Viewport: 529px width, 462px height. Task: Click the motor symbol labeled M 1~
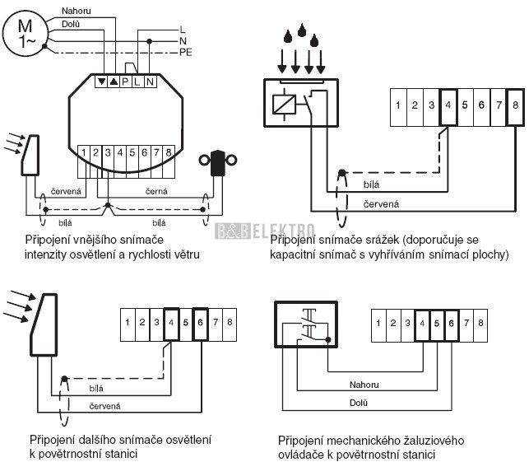25,33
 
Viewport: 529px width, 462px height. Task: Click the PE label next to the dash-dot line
186,53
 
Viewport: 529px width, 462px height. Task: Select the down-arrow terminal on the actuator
101,82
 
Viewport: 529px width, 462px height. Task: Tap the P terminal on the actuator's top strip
125,82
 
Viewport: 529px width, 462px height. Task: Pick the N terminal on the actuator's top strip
151,82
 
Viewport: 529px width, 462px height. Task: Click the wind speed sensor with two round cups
218,163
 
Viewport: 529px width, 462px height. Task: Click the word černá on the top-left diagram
156,192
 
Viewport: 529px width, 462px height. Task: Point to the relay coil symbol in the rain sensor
284,105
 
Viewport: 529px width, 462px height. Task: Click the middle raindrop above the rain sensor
302,30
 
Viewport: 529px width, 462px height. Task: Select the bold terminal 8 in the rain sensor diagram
515,107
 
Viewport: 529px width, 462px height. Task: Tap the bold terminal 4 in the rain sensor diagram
448,107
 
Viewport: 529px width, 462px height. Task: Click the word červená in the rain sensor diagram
381,204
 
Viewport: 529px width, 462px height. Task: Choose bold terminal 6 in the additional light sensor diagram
200,324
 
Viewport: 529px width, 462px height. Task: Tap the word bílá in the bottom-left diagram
96,389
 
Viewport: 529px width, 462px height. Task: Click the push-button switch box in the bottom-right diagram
306,324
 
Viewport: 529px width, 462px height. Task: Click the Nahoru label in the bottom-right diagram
364,385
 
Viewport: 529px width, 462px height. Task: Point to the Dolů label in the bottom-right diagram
359,403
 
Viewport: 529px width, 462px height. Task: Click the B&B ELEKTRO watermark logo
265,231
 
